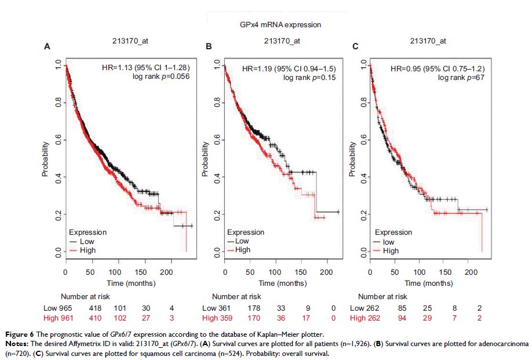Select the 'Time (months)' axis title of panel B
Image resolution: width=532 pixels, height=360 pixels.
283,283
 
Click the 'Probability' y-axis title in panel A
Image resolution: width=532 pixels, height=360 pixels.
45,157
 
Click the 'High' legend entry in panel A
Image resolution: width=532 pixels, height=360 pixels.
88,250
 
